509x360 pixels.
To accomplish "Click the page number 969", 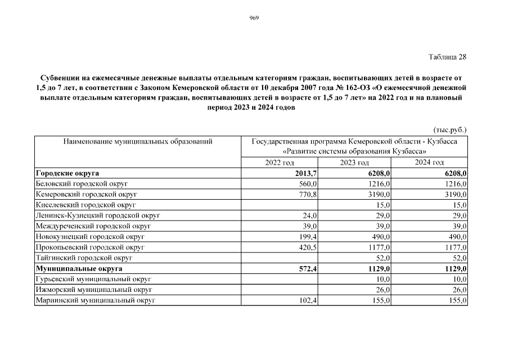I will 254,18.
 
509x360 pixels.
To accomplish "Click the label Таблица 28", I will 448,57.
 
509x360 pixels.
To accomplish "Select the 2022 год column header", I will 280,163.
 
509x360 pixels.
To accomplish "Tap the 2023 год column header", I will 354,163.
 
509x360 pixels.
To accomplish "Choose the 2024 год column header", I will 430,163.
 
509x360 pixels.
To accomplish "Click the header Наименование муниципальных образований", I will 138,141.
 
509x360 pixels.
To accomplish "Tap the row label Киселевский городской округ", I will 86,205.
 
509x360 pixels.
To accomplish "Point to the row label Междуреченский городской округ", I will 93,226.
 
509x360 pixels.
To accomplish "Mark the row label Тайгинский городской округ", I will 84,258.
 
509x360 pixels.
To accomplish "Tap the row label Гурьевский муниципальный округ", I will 94,279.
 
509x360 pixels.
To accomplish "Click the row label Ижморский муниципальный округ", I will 94,290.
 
